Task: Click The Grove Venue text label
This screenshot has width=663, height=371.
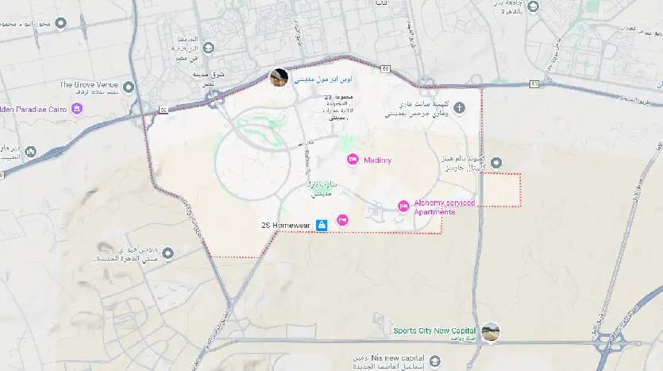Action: (x=88, y=84)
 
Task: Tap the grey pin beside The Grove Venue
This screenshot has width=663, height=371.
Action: (x=129, y=87)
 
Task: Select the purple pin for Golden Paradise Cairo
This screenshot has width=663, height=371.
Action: (x=77, y=109)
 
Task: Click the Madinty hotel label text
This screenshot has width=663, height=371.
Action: (x=377, y=160)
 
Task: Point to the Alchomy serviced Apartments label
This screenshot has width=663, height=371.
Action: (x=444, y=207)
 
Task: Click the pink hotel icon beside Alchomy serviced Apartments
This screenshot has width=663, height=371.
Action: (x=403, y=207)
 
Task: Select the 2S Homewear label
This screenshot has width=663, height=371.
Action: (x=287, y=226)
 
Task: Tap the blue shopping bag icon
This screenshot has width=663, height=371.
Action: (x=321, y=226)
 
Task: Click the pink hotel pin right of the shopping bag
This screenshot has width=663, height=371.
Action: (x=343, y=220)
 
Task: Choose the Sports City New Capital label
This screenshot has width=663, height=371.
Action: (x=434, y=330)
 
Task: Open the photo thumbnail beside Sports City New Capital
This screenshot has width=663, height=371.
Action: (x=491, y=332)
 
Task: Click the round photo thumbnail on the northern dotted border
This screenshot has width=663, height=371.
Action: (x=279, y=78)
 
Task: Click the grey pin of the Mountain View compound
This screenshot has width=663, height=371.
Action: (x=167, y=253)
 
